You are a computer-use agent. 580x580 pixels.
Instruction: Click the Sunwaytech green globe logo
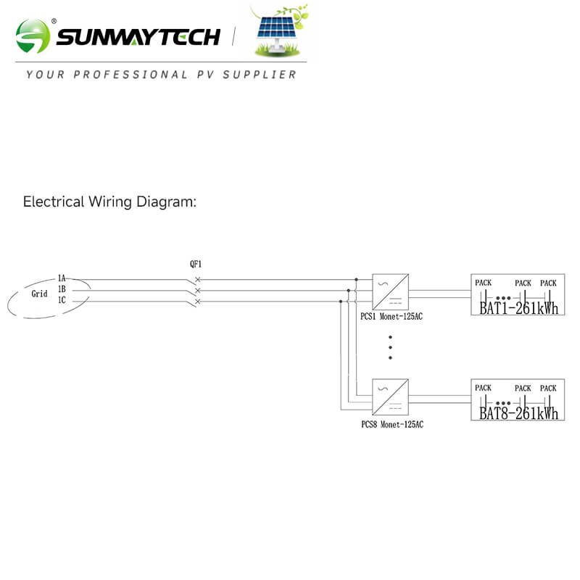pyautogui.click(x=33, y=36)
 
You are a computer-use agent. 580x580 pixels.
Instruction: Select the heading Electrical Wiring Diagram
pyautogui.click(x=109, y=202)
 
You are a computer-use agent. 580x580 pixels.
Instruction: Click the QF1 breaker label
pyautogui.click(x=196, y=265)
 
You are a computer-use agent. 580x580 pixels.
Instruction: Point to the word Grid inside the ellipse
pyautogui.click(x=39, y=294)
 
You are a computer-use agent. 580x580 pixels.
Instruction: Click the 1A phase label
pyautogui.click(x=62, y=278)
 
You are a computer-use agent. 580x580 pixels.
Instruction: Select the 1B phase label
pyautogui.click(x=62, y=289)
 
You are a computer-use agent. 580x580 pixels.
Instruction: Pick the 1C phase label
pyautogui.click(x=62, y=300)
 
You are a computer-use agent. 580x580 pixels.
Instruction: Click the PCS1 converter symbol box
pyautogui.click(x=390, y=291)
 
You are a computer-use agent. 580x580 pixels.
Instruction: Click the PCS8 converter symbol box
pyautogui.click(x=390, y=397)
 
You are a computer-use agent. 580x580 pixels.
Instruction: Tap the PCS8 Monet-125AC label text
pyautogui.click(x=392, y=424)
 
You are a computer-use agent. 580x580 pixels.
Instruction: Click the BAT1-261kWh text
pyautogui.click(x=519, y=308)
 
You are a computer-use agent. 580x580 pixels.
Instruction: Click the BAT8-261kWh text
pyautogui.click(x=519, y=414)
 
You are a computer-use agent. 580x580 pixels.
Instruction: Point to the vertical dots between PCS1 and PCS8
pyautogui.click(x=390, y=347)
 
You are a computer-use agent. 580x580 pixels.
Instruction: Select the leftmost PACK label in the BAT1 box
pyautogui.click(x=483, y=282)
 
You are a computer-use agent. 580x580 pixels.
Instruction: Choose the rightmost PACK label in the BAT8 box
pyautogui.click(x=548, y=389)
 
